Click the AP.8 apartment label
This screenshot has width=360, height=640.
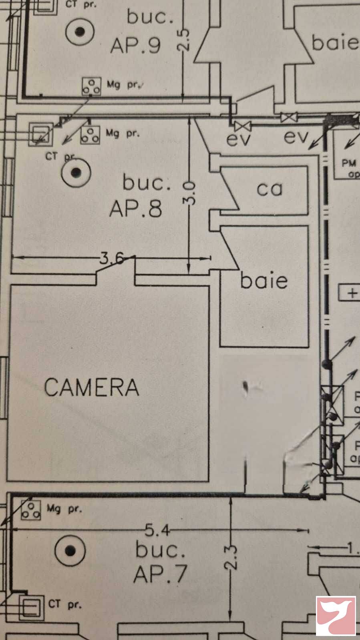tap(136, 208)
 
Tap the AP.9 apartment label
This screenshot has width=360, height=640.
tap(135, 45)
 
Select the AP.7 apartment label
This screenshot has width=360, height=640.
tap(160, 574)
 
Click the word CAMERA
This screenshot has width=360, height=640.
tap(92, 387)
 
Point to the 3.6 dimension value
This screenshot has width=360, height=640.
tap(112, 258)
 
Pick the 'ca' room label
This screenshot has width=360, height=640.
tap(269, 189)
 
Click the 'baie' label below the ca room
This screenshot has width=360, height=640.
tap(264, 281)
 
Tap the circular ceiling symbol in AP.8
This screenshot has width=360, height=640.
tap(76, 173)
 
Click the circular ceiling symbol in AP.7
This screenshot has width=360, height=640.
tap(70, 551)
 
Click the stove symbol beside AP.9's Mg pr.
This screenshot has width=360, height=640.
tap(91, 86)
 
